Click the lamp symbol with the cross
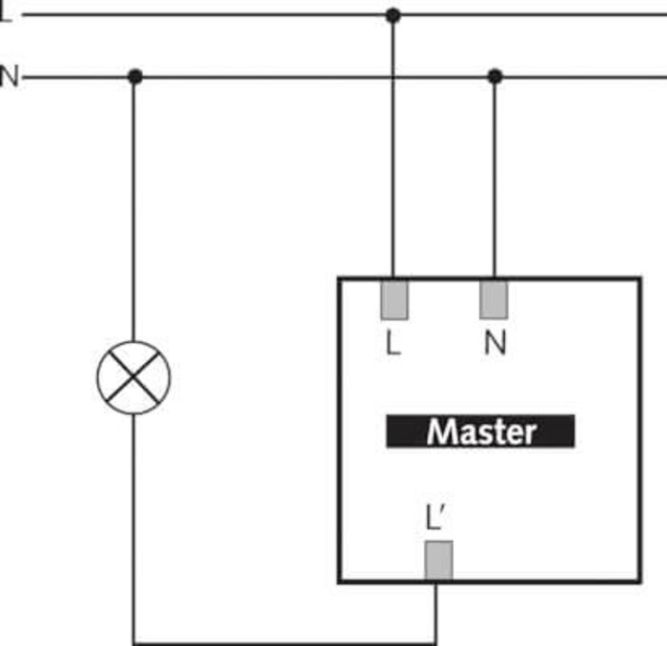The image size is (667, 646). coord(133,377)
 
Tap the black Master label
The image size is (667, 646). coord(480,432)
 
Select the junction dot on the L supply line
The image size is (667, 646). coord(393,15)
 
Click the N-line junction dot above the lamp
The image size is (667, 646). coord(135,77)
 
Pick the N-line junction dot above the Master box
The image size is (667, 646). coord(495,77)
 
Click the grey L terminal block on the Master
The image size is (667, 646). coord(394,299)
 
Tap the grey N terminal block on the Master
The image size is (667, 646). coord(494,299)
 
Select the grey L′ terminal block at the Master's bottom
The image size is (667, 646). coord(438,560)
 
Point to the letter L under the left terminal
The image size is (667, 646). coord(393,343)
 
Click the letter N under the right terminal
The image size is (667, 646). coord(495,343)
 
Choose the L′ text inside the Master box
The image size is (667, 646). coord(435,517)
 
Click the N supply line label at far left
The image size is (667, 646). coord(10,76)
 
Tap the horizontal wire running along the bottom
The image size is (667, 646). coord(285,643)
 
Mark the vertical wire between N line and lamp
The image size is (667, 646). coord(133,210)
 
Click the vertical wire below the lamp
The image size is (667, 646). coord(133,528)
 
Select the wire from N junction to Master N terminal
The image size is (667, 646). coord(495,177)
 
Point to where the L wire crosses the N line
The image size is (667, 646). coord(393,77)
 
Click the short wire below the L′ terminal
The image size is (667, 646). coord(435,613)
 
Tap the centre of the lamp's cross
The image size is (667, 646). coord(133,376)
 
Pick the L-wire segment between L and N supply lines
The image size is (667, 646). coord(393,46)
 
